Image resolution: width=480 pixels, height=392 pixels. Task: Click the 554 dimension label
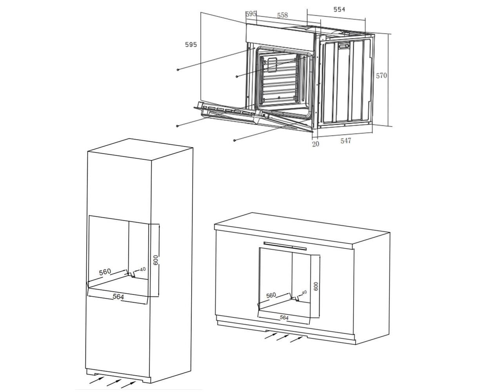[339, 9]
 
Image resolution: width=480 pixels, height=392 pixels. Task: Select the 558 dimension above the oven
[282, 15]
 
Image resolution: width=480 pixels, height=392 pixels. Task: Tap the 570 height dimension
[381, 76]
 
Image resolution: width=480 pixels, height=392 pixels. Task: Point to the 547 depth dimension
[345, 141]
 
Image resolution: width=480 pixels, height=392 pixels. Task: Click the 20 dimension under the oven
[316, 144]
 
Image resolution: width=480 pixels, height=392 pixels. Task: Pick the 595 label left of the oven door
[191, 45]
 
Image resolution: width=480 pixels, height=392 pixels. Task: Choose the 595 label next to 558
[251, 14]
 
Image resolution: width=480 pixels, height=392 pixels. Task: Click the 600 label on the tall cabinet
[156, 260]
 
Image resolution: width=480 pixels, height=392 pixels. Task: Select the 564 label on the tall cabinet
[118, 296]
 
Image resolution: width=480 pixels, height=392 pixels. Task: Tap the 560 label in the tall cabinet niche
[105, 272]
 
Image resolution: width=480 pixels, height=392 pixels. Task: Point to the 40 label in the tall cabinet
[143, 269]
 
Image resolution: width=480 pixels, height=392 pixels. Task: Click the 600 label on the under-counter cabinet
[316, 286]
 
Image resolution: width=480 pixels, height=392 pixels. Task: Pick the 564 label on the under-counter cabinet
[284, 318]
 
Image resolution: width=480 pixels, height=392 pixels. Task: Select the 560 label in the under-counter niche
[271, 295]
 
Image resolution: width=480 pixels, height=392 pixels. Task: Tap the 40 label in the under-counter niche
[304, 292]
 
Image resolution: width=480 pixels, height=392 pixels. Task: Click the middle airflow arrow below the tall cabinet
[113, 383]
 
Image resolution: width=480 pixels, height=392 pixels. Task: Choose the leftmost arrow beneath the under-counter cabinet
[271, 336]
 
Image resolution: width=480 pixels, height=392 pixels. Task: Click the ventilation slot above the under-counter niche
[285, 245]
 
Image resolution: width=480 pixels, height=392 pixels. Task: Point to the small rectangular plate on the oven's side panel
[344, 46]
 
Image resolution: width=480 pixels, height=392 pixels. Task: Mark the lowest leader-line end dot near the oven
[235, 140]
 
